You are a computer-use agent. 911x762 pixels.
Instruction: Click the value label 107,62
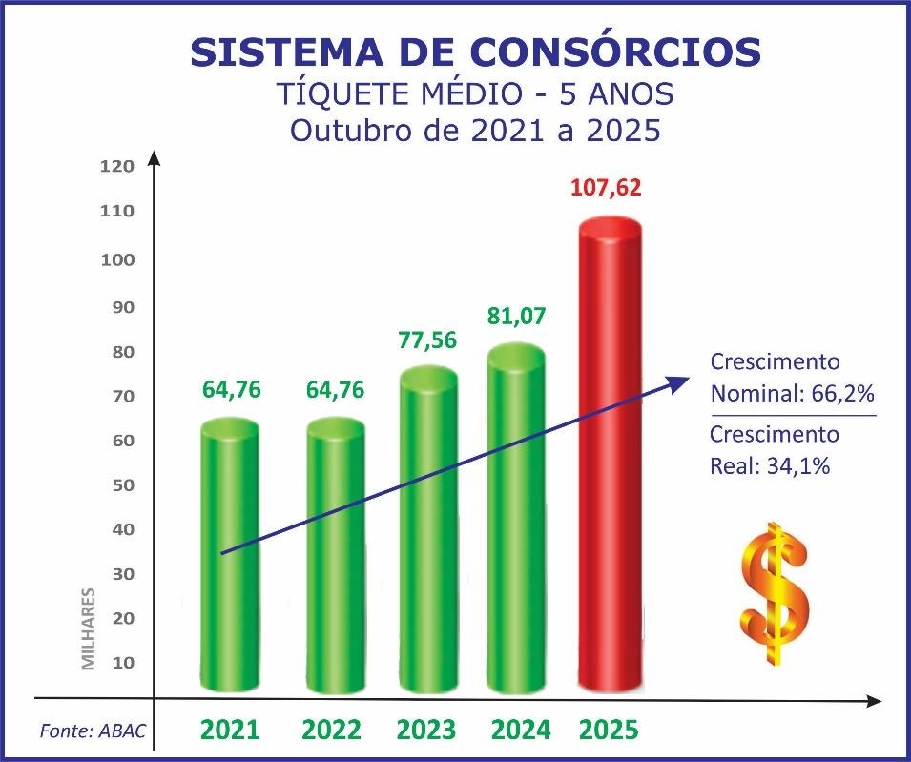pos(606,186)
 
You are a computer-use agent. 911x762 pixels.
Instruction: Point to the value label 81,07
pos(516,316)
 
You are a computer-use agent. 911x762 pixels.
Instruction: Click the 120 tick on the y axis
pos(116,166)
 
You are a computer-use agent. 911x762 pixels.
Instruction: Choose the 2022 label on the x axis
pos(331,731)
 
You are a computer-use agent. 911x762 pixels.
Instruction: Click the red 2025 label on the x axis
pos(609,731)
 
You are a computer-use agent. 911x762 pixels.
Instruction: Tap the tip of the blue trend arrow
pos(688,381)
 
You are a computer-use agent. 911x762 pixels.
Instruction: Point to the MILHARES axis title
pos(89,628)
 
